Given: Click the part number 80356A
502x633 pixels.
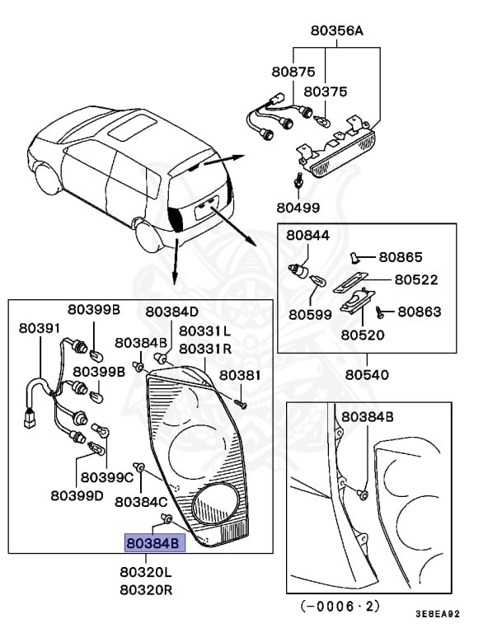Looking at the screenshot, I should [x=336, y=31].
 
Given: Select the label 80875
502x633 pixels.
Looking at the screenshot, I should [x=285, y=72].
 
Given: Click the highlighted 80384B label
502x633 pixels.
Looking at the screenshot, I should [x=155, y=543].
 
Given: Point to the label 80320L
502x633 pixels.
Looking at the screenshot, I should [x=146, y=572].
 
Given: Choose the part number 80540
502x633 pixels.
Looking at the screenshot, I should [x=368, y=374].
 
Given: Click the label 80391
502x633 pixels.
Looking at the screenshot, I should [x=40, y=328].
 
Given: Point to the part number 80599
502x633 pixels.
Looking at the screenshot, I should [x=310, y=314].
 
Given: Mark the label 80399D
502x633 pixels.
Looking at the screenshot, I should [x=77, y=495].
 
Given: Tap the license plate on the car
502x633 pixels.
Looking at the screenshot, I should [x=206, y=210].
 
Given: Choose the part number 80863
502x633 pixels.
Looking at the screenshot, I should [x=419, y=312].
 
